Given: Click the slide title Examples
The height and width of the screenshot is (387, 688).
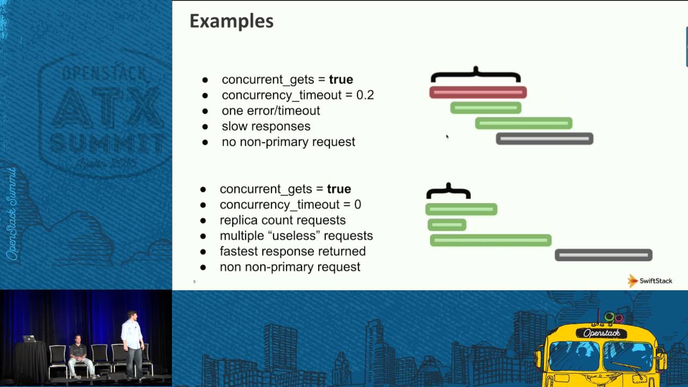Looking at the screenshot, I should point(231,21).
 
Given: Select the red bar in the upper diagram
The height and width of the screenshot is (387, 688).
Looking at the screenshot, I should point(477,92).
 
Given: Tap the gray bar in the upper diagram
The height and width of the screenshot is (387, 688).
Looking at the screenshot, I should point(544,139).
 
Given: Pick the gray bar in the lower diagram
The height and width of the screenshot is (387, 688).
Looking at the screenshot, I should point(603,255).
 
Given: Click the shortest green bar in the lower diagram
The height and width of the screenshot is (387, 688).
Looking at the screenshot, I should point(447,225).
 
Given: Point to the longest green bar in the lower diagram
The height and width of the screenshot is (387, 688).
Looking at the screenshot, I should point(490,240).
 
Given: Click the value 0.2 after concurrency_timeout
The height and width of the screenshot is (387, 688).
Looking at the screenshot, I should point(365,95).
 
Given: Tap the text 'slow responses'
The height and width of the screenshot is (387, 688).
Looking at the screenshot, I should point(266,126).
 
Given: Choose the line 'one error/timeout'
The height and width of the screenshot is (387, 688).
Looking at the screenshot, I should point(271,111).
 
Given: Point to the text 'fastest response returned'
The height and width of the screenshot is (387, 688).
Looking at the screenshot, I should point(292,252).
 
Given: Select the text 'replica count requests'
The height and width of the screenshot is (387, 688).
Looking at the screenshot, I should point(283,220).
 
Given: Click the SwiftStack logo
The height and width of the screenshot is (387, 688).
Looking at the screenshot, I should point(650,281).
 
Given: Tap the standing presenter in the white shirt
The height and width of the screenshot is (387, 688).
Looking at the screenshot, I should point(131,341).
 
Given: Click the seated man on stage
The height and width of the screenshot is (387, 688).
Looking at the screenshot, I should point(78,355).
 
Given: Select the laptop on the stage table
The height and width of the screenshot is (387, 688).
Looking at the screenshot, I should point(29,339).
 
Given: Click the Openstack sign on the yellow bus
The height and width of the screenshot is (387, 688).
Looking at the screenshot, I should point(601,333).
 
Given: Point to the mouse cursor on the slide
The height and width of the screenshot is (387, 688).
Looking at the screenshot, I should point(447,137).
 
